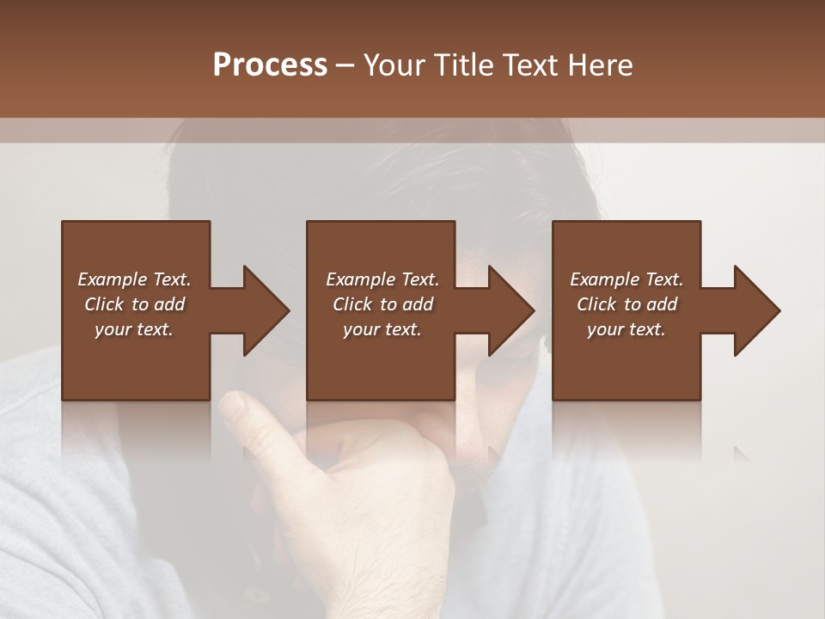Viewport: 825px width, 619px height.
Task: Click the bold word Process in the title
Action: (270, 65)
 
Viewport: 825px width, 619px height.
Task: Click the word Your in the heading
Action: (396, 65)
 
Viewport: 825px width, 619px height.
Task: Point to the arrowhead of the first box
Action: (266, 310)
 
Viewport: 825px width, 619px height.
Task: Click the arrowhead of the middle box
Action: (512, 310)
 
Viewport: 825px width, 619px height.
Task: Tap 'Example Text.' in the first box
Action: (134, 279)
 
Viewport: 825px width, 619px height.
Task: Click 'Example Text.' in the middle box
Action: (382, 279)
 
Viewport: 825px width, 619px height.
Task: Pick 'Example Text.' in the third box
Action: (626, 279)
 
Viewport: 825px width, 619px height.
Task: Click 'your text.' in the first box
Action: (134, 329)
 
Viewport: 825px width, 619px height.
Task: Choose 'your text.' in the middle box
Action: (382, 329)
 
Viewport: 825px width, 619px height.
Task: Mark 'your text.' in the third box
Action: (626, 329)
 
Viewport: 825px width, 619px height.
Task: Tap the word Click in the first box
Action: (105, 304)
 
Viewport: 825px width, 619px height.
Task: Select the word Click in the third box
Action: (597, 304)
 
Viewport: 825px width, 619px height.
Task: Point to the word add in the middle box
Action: (417, 304)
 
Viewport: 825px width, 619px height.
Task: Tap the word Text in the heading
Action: (528, 65)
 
